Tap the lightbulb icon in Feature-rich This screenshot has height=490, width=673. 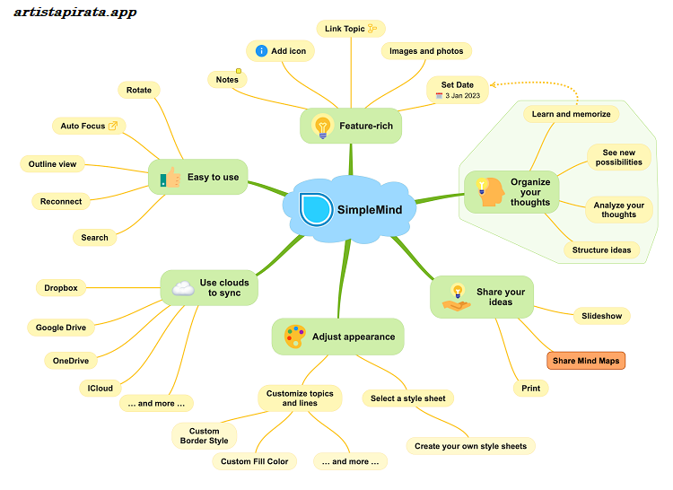point(320,127)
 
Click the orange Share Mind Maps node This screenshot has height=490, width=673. point(586,361)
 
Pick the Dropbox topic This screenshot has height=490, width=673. point(61,288)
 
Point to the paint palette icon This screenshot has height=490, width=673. point(294,337)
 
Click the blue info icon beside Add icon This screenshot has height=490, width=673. point(261,51)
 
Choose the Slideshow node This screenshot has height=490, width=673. point(601,316)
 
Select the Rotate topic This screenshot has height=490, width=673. point(139,90)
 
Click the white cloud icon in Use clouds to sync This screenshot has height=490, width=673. point(182,287)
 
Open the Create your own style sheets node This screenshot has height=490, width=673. point(470,446)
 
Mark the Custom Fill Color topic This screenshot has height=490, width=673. point(255,461)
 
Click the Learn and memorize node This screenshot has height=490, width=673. point(571,114)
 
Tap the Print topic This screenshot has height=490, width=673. point(530,389)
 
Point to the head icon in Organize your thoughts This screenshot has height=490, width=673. point(490,190)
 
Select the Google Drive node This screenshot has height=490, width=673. point(61,328)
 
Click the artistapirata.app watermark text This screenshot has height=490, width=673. point(76,13)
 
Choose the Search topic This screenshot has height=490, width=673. point(94,238)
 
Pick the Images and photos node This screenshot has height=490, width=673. point(426,51)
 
